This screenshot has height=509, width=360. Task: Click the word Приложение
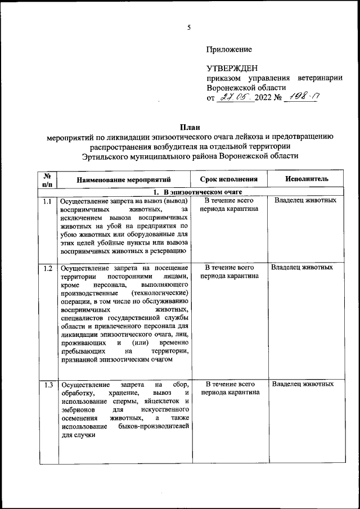[x=228, y=49]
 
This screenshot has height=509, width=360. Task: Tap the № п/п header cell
[x=47, y=179]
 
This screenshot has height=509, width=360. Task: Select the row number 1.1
[x=47, y=201]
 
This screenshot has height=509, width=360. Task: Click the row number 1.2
[x=47, y=268]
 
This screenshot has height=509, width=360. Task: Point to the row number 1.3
[x=47, y=385]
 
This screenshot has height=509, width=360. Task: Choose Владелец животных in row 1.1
[x=305, y=201]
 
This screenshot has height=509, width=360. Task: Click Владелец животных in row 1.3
[x=303, y=385]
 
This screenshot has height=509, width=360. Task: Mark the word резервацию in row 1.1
[x=169, y=251]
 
